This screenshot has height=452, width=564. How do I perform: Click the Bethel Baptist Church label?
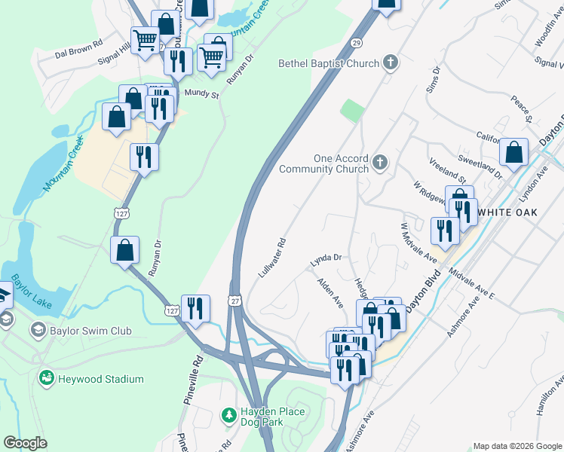(x=329, y=64)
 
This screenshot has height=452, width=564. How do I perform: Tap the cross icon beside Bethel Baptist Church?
(x=391, y=63)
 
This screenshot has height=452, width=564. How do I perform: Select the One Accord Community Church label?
(x=323, y=163)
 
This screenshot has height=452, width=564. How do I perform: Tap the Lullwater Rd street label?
(x=273, y=258)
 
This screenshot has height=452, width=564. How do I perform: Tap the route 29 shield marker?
(x=356, y=44)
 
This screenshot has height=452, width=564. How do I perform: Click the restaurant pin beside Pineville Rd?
(x=195, y=308)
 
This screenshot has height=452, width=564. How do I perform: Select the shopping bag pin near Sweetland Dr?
(x=513, y=153)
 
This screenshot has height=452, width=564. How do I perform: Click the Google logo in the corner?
(x=26, y=443)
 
